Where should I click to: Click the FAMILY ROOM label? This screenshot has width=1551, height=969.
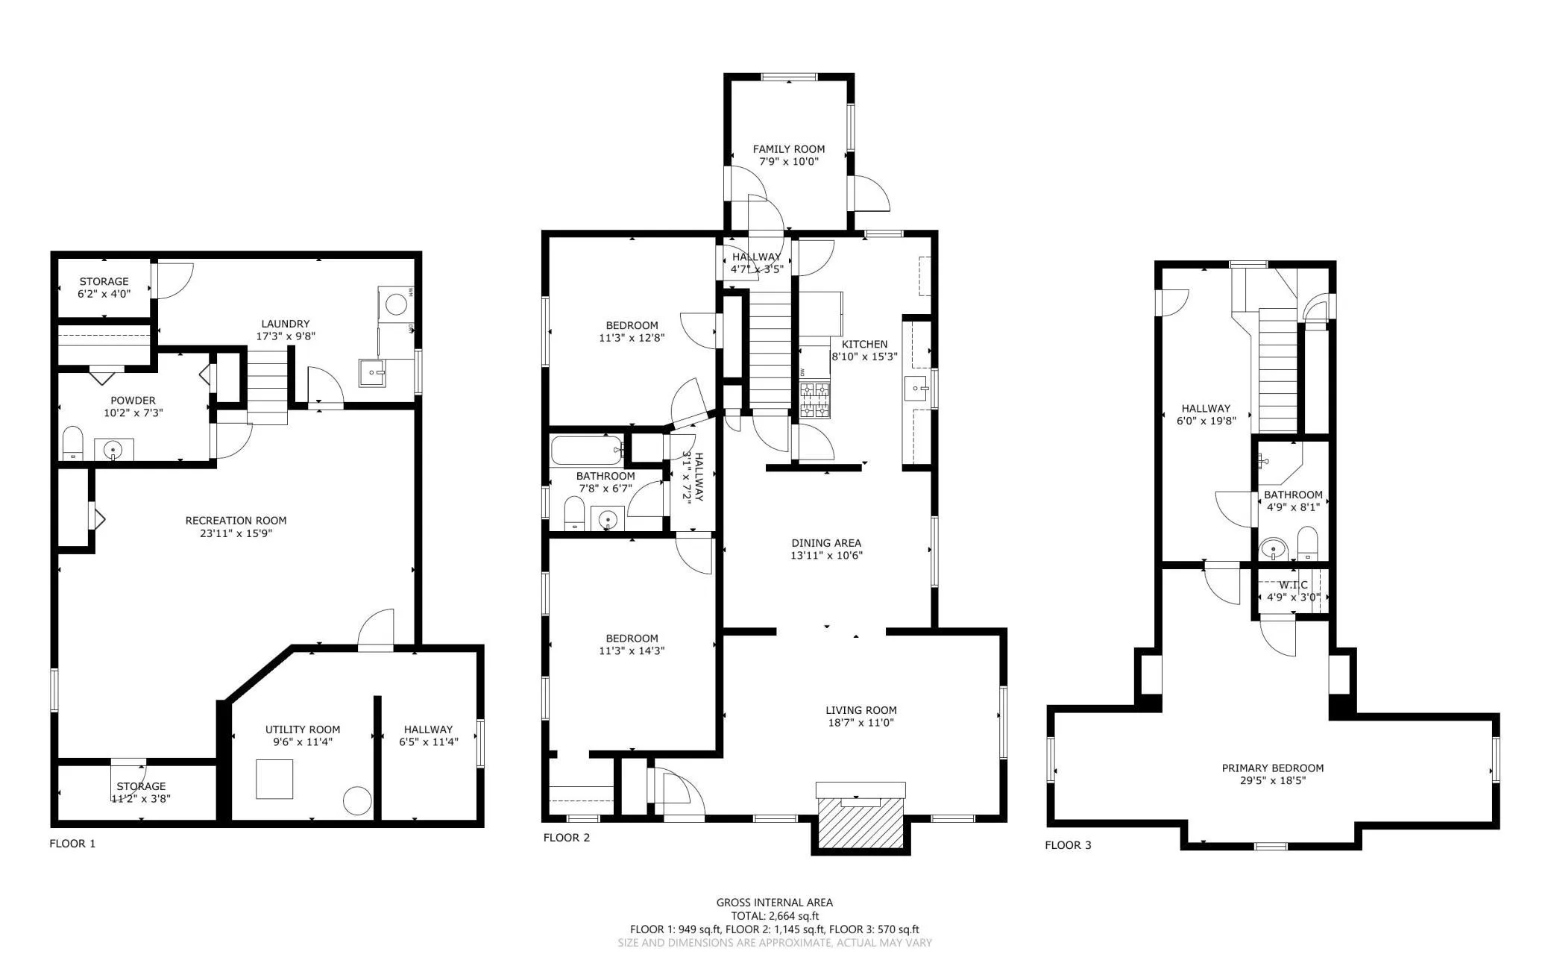[788, 149]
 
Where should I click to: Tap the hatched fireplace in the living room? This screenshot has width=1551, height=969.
[861, 823]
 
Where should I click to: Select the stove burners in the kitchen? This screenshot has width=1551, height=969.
[815, 400]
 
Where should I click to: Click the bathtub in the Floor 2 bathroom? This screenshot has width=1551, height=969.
[588, 450]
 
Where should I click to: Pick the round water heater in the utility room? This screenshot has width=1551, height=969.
[357, 801]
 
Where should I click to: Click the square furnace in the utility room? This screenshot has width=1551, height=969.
[274, 779]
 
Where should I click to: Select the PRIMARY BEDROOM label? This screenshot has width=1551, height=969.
[1273, 768]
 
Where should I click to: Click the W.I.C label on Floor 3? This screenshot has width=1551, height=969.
[1293, 585]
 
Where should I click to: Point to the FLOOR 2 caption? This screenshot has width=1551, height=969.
[567, 838]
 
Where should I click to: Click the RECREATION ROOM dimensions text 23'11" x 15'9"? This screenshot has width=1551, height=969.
[236, 533]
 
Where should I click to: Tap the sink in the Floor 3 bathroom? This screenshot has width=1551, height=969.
[1274, 550]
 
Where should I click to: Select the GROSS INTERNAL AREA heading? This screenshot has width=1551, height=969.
[775, 903]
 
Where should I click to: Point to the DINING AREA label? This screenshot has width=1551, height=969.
[826, 543]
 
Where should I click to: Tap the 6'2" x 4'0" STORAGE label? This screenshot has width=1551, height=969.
[104, 287]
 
